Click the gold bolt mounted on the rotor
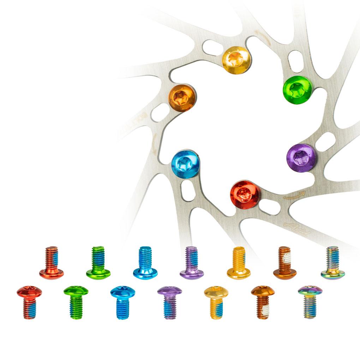click(236, 60)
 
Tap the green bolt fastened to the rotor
click(298, 90)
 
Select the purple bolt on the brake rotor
click(301, 158)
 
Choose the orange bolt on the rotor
click(182, 98)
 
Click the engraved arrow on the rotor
click(294, 194)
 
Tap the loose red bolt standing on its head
click(52, 263)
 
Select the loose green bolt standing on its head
click(98, 263)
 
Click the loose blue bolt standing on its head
click(145, 263)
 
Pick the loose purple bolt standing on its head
click(192, 263)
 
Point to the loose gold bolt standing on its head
click(239, 263)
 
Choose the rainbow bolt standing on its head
click(332, 263)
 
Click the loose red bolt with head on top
click(29, 302)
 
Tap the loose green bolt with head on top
click(76, 302)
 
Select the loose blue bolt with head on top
click(122, 302)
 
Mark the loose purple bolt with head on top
click(170, 302)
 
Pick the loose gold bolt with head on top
click(216, 302)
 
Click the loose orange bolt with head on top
click(263, 302)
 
